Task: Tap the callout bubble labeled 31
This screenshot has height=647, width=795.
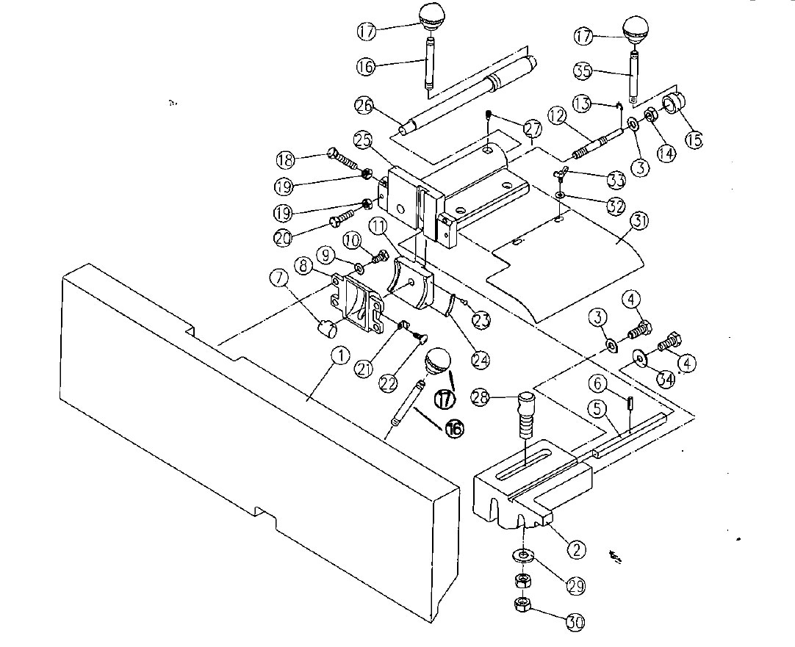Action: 639,221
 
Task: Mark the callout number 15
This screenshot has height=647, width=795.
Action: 694,138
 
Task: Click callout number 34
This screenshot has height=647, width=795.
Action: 666,379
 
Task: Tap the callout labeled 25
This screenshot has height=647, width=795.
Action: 361,138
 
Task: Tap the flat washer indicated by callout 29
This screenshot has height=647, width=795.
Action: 522,554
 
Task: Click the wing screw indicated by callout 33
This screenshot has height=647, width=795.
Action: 560,173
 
